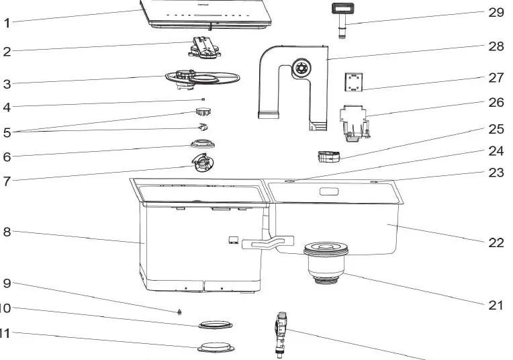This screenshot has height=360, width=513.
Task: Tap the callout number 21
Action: [496, 305]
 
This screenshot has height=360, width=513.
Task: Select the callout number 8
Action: [6, 232]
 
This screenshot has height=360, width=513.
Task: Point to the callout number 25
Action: [496, 128]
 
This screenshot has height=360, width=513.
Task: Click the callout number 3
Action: [6, 84]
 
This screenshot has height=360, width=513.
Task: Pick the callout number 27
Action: [496, 78]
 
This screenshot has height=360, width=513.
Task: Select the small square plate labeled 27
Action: [354, 82]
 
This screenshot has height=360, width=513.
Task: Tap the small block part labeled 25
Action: [328, 156]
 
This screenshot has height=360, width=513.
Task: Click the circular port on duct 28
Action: [299, 68]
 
